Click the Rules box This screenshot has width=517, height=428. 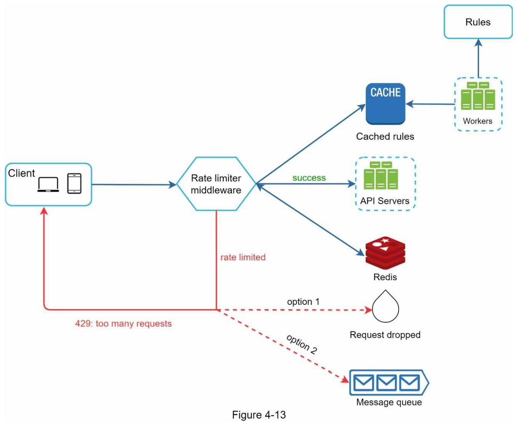[478, 22]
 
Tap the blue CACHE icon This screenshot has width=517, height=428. [385, 104]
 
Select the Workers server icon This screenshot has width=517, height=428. [478, 96]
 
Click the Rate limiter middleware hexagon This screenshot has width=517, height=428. [216, 184]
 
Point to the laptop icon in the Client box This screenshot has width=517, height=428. [48, 184]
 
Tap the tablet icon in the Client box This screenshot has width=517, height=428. [74, 184]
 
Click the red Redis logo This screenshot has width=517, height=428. [385, 253]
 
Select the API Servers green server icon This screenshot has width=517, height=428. [381, 176]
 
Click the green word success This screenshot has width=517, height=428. [309, 178]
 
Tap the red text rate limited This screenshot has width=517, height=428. [243, 257]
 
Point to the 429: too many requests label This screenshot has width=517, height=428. [123, 323]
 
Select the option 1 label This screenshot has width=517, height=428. [303, 302]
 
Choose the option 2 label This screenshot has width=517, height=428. [302, 344]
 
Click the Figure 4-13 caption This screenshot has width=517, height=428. [259, 415]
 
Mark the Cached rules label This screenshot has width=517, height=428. [385, 136]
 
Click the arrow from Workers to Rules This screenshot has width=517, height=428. [478, 58]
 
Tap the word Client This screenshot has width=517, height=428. [22, 173]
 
